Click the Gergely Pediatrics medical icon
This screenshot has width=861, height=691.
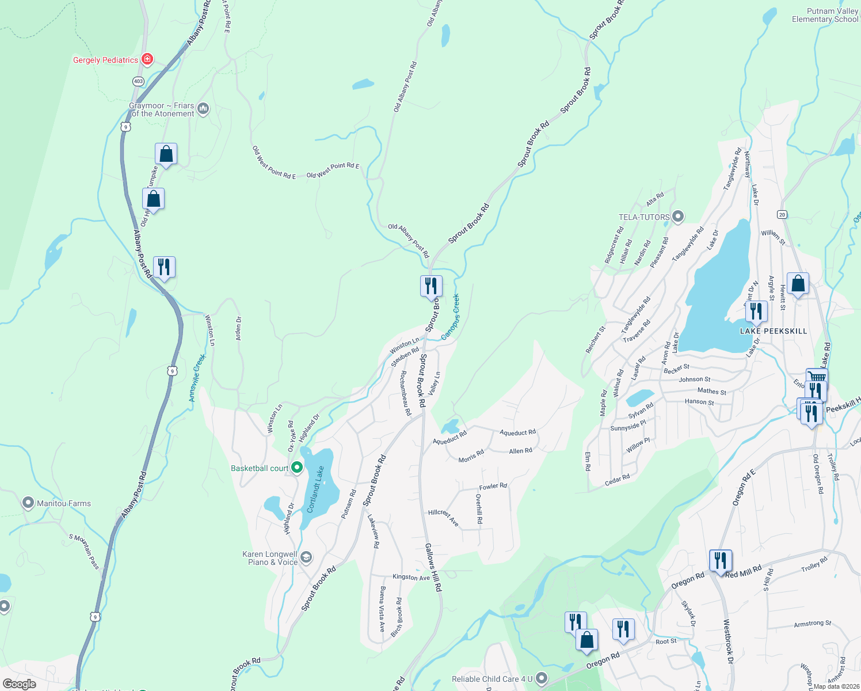(x=147, y=59)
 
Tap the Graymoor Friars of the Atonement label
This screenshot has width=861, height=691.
(x=162, y=109)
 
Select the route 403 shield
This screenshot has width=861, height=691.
(x=138, y=81)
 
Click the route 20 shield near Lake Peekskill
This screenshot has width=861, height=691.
(x=782, y=214)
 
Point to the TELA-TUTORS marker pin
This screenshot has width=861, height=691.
(x=678, y=217)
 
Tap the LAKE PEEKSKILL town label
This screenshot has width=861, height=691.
(x=773, y=331)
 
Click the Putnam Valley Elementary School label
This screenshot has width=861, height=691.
(x=825, y=15)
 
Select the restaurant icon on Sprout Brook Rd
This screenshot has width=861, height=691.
(x=431, y=286)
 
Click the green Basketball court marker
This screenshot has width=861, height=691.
(x=297, y=468)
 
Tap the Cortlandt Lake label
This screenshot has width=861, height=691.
(x=315, y=489)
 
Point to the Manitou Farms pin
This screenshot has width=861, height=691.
(x=28, y=503)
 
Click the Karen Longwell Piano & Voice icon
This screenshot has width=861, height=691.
(x=306, y=557)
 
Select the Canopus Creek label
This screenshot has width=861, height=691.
(x=450, y=317)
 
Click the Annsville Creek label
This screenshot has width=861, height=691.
(x=197, y=378)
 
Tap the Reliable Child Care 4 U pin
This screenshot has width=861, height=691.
(x=541, y=678)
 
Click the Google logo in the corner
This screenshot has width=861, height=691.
(x=19, y=684)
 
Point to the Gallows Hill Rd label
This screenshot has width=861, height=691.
(x=433, y=567)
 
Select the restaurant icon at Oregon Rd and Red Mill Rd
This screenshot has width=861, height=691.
(x=721, y=560)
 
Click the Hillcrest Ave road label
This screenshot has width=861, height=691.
(x=443, y=517)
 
